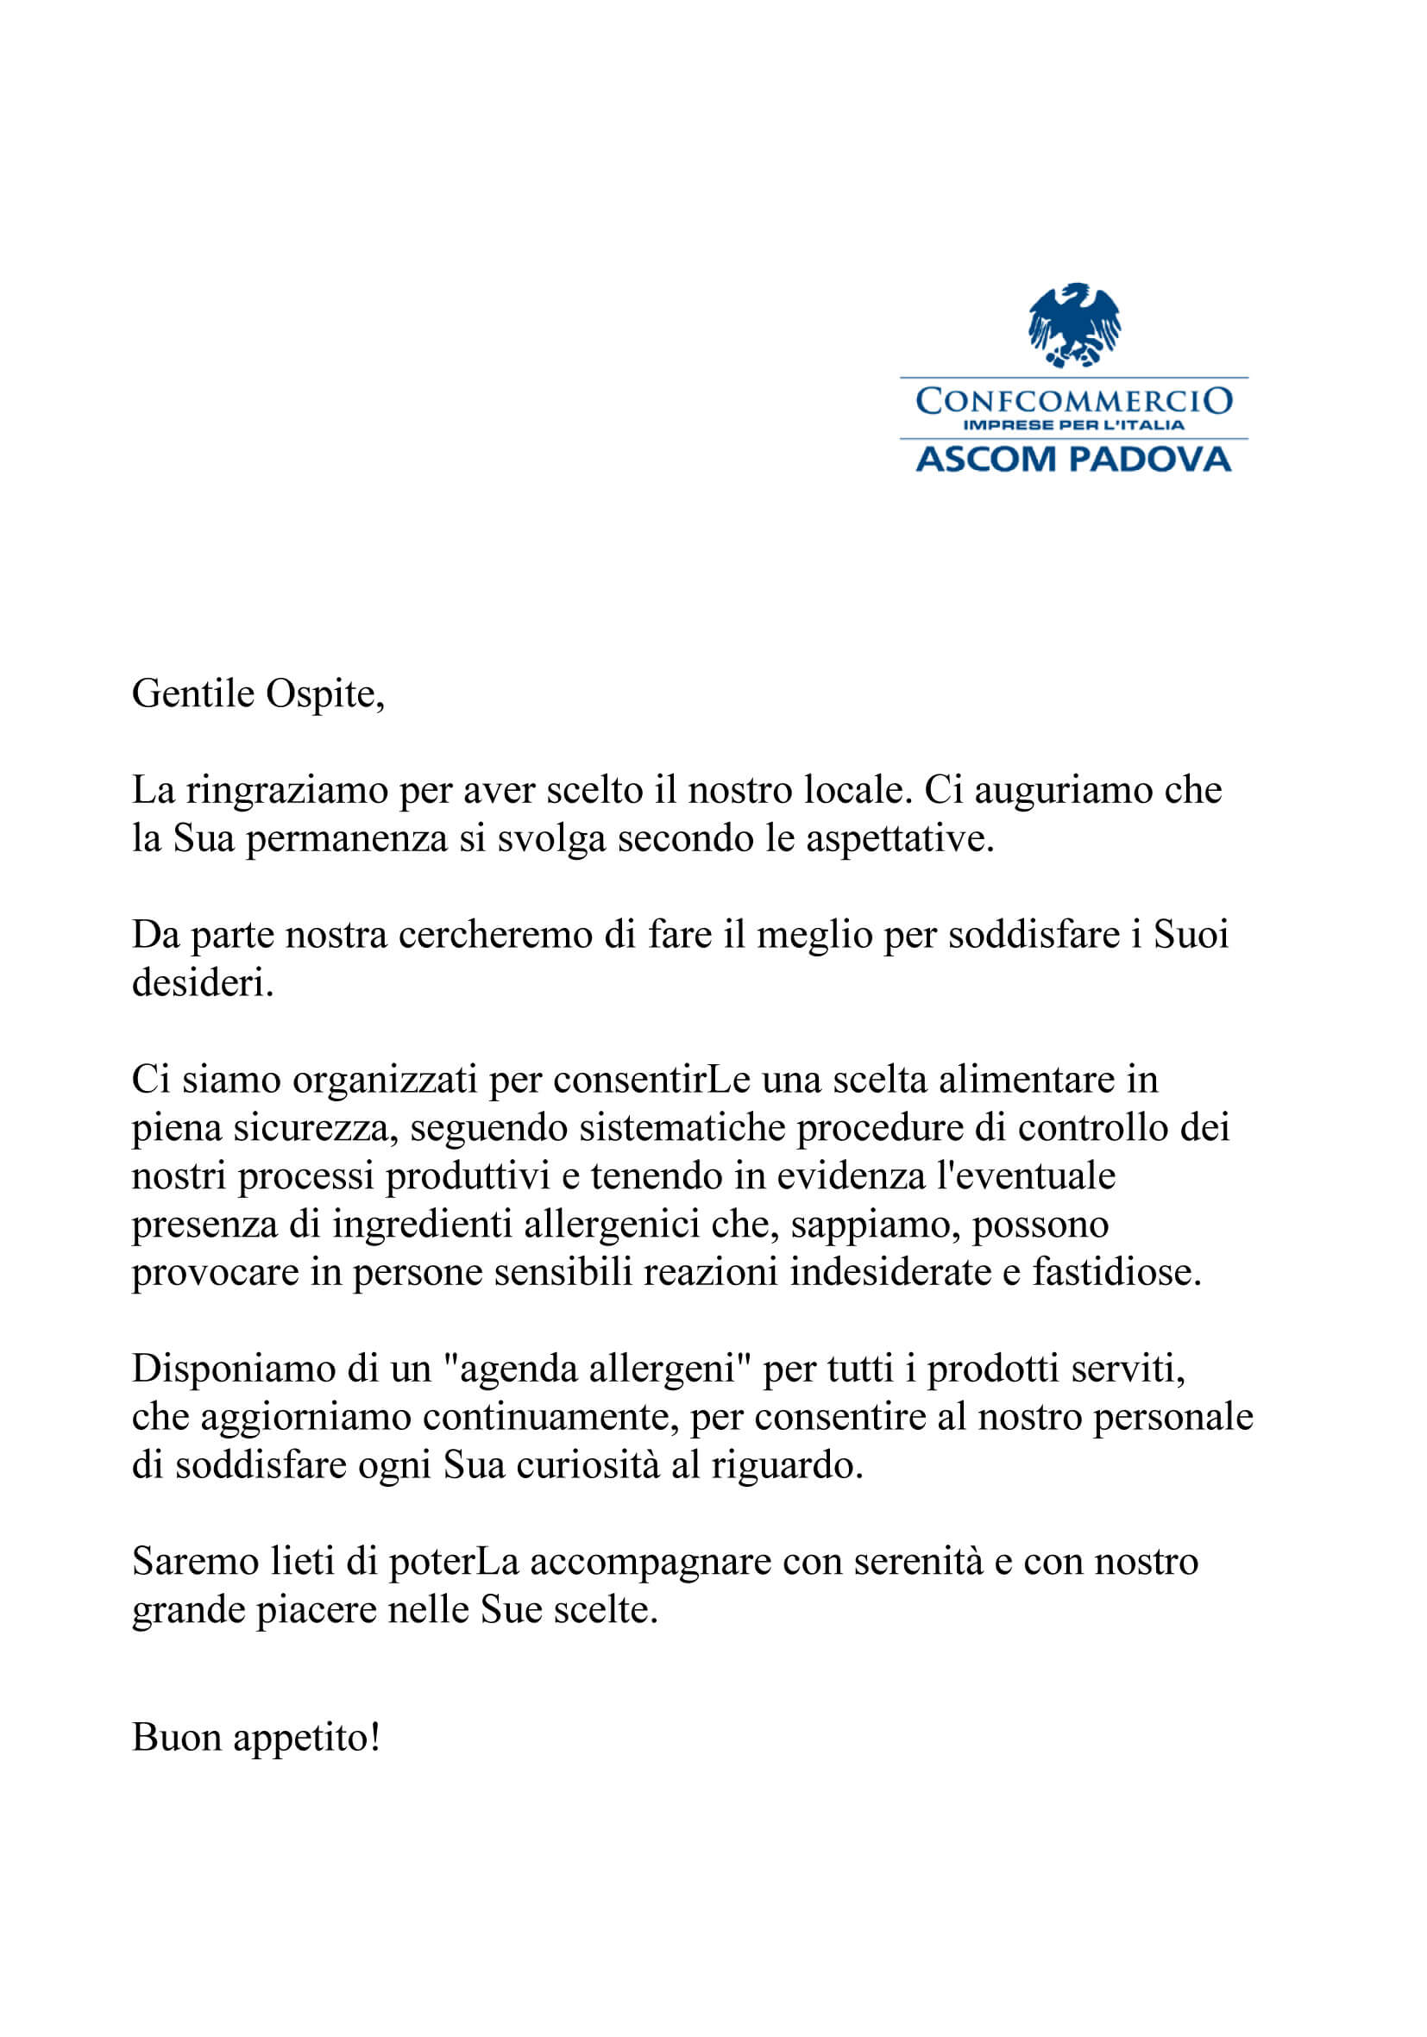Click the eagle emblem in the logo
[x=1074, y=325]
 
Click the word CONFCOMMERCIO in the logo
[x=1074, y=401]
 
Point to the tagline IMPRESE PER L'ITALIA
[x=1074, y=425]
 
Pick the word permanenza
[x=346, y=839]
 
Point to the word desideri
[x=203, y=983]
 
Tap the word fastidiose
[x=1116, y=1272]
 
